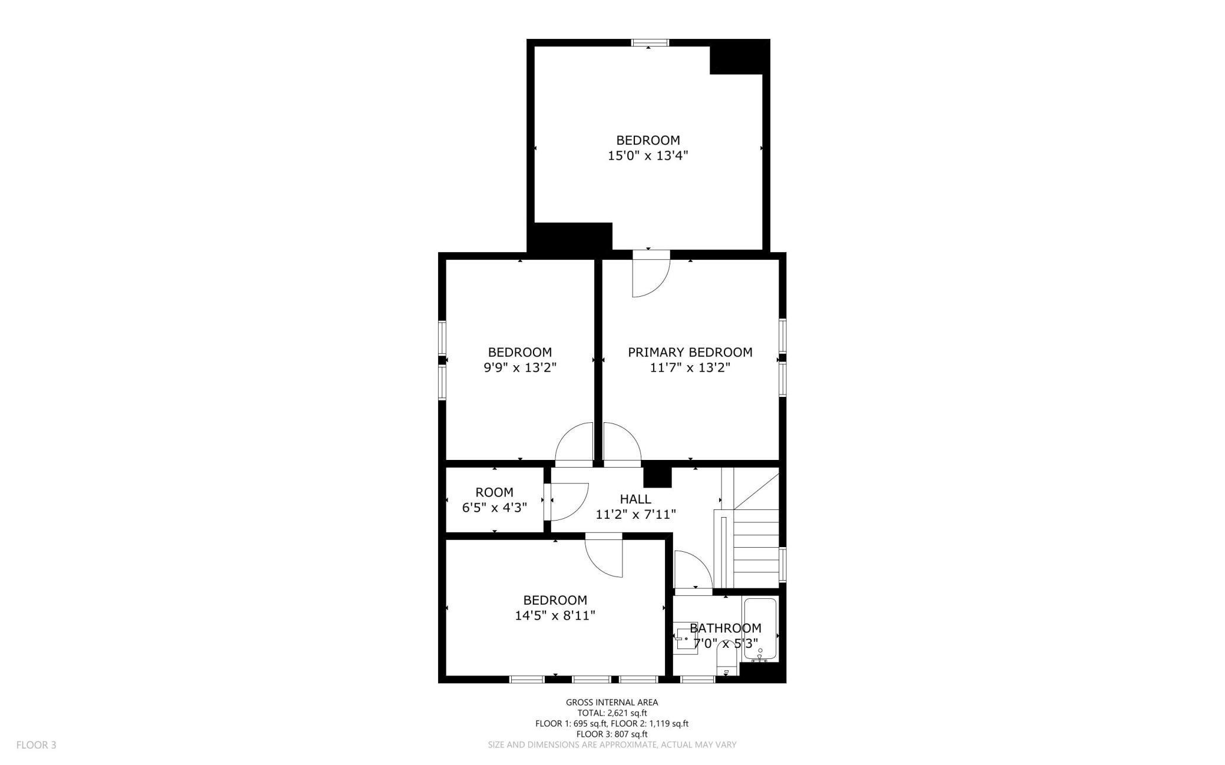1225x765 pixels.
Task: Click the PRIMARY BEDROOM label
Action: (690, 352)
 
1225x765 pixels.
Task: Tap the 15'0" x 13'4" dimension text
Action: (648, 156)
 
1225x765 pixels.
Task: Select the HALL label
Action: (635, 499)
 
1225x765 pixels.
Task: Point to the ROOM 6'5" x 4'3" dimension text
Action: (494, 507)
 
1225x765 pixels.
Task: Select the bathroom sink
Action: (686, 637)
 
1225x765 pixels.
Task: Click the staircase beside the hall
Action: (750, 528)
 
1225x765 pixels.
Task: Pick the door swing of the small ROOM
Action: (567, 502)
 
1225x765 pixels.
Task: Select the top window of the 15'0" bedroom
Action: (650, 42)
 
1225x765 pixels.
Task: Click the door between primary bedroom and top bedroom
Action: (651, 274)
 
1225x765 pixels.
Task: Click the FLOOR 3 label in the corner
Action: (37, 745)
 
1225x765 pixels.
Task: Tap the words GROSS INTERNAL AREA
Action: (612, 702)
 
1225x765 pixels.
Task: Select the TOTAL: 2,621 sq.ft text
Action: (612, 713)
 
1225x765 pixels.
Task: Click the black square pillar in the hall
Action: (657, 477)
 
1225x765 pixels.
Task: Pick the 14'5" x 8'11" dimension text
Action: (555, 616)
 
